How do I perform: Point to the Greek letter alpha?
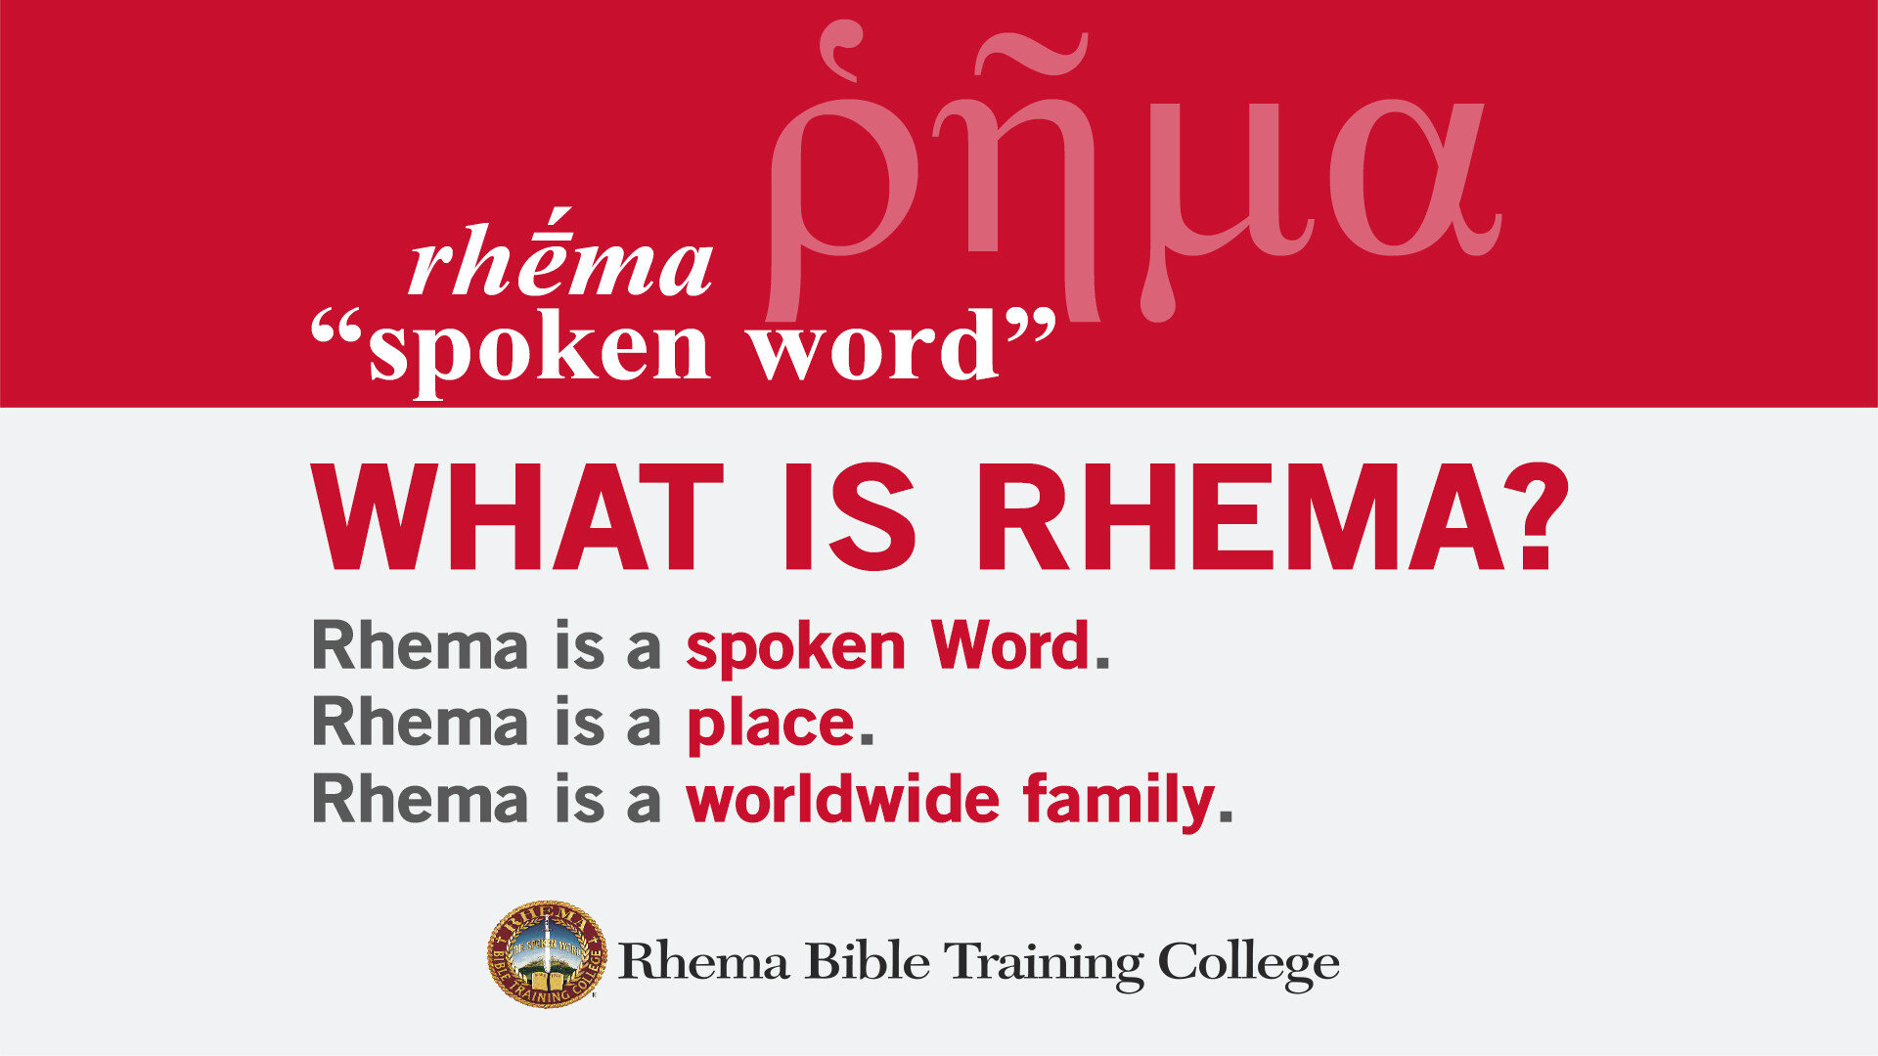coord(1408,181)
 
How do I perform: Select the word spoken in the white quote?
coord(538,350)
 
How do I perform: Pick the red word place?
coord(771,726)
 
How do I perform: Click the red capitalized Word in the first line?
coord(1009,647)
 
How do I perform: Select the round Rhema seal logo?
coord(547,954)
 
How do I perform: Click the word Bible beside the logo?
coord(867,962)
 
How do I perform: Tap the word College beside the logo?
coord(1248,964)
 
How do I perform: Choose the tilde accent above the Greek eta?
coord(1031,54)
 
